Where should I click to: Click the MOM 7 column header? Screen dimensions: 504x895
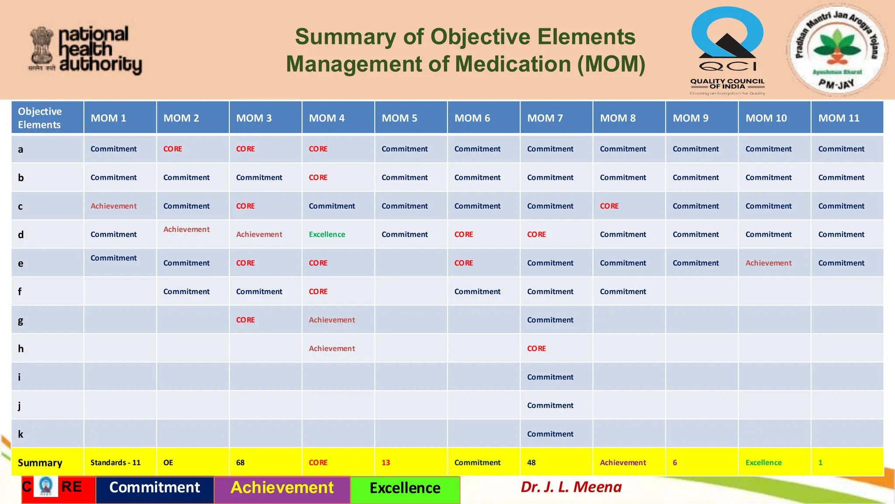[x=545, y=118]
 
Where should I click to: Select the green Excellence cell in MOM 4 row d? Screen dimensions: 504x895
[x=327, y=234]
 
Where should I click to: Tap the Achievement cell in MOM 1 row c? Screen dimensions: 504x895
[x=114, y=206]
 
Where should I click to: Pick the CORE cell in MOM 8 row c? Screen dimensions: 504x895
[x=609, y=206]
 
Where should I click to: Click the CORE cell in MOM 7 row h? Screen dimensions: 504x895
[x=537, y=349]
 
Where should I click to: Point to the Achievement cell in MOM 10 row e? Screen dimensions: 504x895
[x=768, y=263]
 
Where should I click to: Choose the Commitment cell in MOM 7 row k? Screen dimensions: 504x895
[x=550, y=434]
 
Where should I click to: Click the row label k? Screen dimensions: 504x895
[x=21, y=434]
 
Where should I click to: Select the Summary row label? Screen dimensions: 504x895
[x=40, y=463]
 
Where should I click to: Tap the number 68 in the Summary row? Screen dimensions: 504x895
[x=240, y=463]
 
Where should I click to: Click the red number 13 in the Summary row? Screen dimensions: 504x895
[x=385, y=463]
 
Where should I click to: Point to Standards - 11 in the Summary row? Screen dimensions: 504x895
[x=115, y=463]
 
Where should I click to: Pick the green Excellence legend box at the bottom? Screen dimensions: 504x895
[x=405, y=488]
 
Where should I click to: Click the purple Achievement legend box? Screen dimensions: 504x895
[x=282, y=488]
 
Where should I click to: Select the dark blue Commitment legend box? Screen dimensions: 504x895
[x=155, y=488]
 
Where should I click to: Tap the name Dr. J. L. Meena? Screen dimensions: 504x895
[x=571, y=487]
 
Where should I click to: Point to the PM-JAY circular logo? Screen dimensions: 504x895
[x=836, y=49]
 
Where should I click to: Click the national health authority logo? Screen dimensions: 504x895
[x=86, y=50]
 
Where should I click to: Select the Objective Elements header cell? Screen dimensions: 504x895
[x=47, y=118]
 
